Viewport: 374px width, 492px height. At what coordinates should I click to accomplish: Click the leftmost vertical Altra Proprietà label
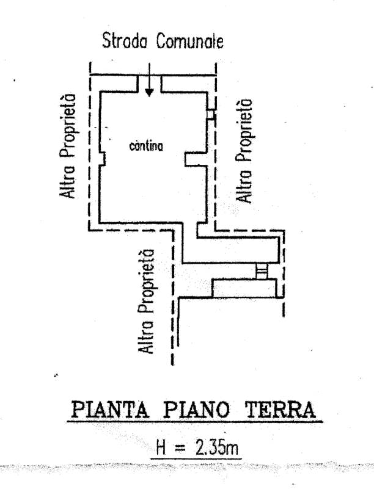68,147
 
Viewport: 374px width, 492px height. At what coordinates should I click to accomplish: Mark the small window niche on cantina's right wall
210,115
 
